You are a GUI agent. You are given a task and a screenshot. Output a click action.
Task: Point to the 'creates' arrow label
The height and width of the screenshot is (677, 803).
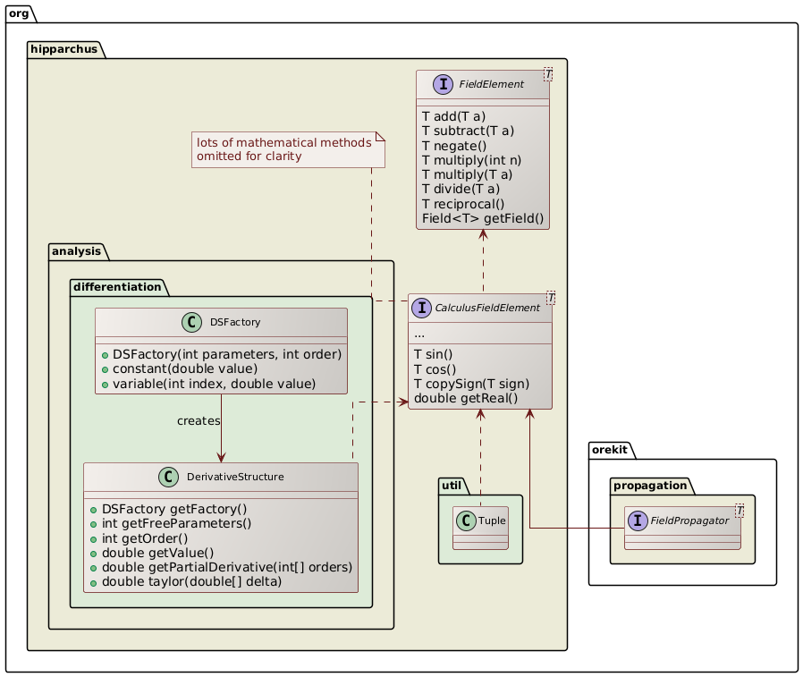pos(199,420)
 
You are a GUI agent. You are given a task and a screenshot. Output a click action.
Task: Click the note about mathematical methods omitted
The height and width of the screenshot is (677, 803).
pos(288,149)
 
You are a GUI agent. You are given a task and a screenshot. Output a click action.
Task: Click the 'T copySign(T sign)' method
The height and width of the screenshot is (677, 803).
pos(469,383)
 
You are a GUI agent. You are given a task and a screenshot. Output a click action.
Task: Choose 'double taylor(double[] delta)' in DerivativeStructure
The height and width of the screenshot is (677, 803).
pos(193,582)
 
